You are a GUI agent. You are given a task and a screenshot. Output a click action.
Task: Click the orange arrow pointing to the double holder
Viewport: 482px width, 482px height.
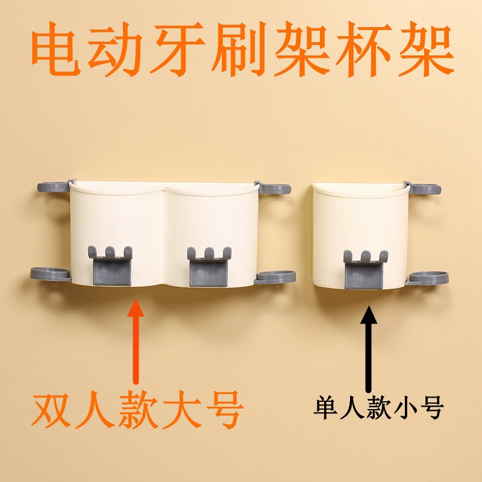(136, 341)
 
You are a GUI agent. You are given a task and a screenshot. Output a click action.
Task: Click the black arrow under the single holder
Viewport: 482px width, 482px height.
(369, 349)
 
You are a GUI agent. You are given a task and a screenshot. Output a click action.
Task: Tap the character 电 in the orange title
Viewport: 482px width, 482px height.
(56, 49)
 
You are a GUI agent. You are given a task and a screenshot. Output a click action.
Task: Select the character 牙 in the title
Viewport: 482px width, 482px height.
(177, 49)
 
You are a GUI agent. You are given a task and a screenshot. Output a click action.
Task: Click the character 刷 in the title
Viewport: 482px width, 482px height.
(239, 49)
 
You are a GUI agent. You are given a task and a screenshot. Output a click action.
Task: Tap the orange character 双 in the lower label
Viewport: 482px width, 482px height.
(51, 410)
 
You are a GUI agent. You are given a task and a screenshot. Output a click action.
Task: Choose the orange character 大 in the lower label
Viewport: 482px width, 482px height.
(182, 410)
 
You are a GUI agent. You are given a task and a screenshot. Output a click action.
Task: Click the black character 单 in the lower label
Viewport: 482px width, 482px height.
(326, 408)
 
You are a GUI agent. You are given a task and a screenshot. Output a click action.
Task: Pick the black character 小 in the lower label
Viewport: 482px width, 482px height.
(405, 408)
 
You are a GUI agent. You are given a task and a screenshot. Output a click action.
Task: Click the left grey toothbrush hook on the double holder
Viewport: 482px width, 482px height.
(110, 266)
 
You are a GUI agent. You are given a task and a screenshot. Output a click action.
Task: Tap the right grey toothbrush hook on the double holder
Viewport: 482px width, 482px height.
(209, 266)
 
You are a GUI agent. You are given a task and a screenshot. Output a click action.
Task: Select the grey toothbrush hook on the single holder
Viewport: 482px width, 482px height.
(366, 269)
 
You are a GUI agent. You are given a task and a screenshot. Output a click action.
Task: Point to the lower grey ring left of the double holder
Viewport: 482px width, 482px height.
(51, 274)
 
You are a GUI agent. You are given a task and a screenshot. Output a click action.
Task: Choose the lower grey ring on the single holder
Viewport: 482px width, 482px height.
(427, 278)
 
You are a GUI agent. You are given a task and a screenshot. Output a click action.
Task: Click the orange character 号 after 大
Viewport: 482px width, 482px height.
(225, 410)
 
